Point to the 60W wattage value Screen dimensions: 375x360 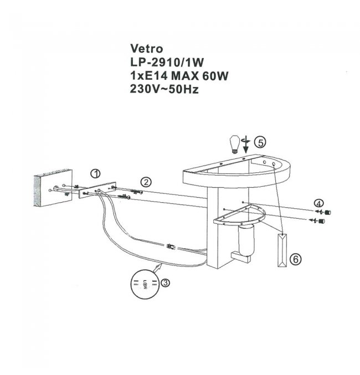(x=215, y=75)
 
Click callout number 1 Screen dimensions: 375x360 (x=96, y=173)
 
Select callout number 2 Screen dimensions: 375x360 (x=146, y=182)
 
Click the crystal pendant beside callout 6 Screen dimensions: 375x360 (x=282, y=251)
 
